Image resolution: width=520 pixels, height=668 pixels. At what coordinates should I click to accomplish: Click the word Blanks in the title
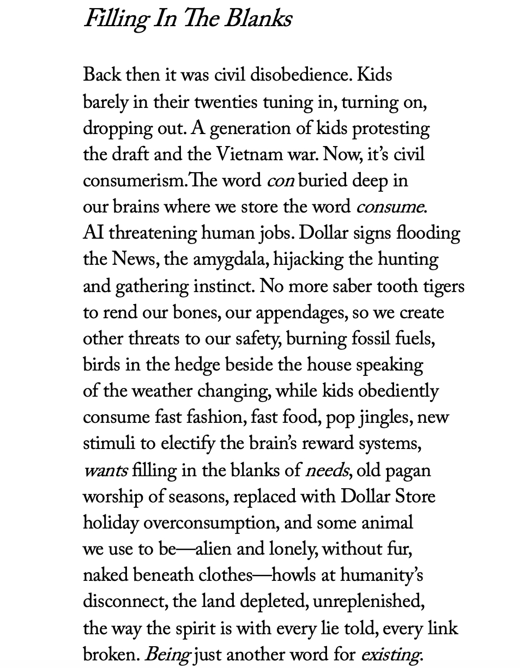pyautogui.click(x=258, y=20)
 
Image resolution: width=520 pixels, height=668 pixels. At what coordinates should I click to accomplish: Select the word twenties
pyautogui.click(x=226, y=102)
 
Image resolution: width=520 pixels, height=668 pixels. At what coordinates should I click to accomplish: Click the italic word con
pyautogui.click(x=280, y=181)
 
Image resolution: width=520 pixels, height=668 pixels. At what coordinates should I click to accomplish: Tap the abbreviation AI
pyautogui.click(x=93, y=233)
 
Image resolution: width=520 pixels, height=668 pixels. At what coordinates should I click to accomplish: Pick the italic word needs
pyautogui.click(x=326, y=470)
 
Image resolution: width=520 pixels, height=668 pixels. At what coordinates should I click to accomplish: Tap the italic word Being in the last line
pyautogui.click(x=167, y=654)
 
